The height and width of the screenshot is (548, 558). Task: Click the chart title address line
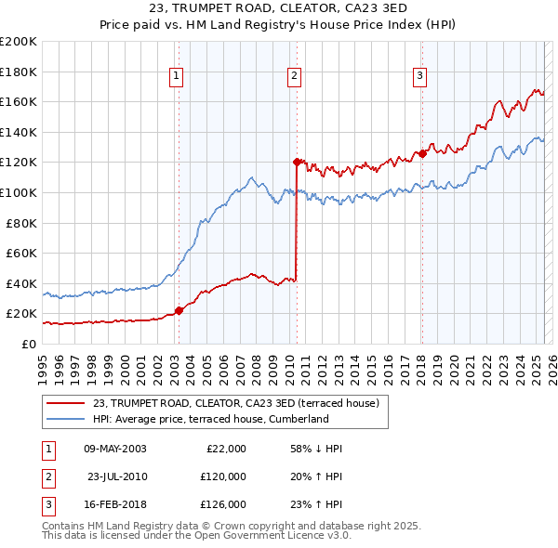[278, 10]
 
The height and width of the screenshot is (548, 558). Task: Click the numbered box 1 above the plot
[177, 77]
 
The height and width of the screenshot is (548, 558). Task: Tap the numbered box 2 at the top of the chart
[294, 77]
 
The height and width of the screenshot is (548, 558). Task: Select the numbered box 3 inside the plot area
[419, 77]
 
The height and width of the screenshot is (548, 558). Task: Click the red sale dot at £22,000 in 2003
[179, 311]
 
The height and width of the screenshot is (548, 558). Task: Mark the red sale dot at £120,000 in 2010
[297, 162]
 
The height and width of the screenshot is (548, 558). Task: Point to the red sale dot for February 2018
[421, 153]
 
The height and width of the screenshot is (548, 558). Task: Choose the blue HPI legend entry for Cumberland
[210, 419]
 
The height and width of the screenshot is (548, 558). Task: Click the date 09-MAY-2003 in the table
[114, 449]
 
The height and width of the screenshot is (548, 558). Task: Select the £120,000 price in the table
[223, 476]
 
